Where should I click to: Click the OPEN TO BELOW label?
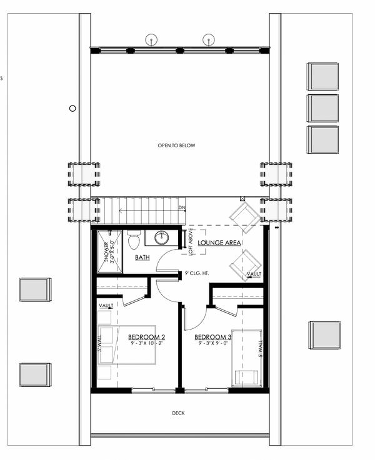pyautogui.click(x=176, y=145)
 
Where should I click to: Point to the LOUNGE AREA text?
pyautogui.click(x=219, y=242)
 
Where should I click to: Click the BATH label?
pyautogui.click(x=142, y=257)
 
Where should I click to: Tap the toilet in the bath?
pyautogui.click(x=132, y=240)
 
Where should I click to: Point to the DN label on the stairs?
pyautogui.click(x=182, y=208)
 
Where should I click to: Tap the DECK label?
pyautogui.click(x=178, y=413)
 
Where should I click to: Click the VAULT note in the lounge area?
pyautogui.click(x=254, y=274)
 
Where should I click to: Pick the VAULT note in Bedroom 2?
pyautogui.click(x=106, y=305)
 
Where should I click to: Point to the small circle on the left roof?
pyautogui.click(x=72, y=108)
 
